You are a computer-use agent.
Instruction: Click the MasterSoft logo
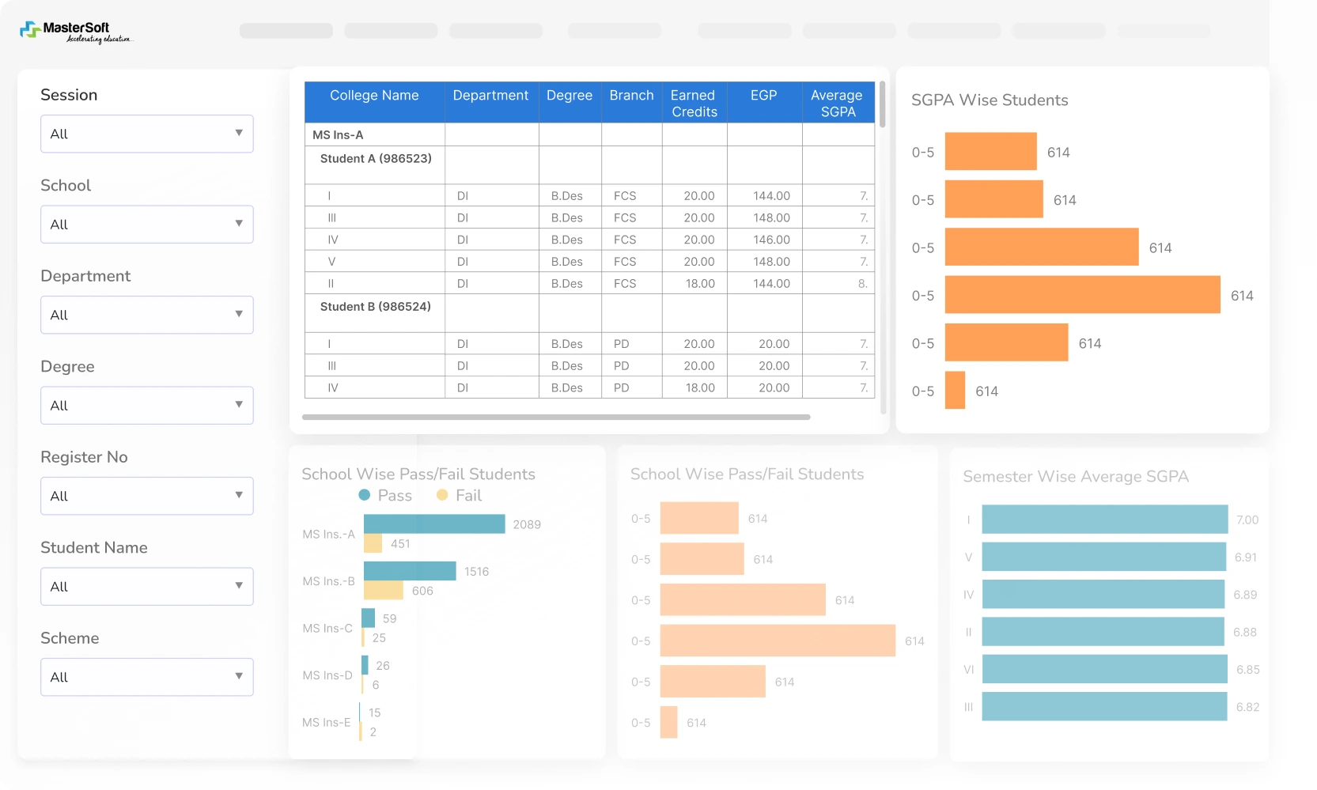click(x=76, y=32)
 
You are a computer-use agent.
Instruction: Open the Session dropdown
click(x=147, y=134)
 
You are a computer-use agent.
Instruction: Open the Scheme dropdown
click(x=147, y=677)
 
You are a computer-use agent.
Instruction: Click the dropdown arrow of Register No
click(x=238, y=495)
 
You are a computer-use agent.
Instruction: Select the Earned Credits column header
click(x=694, y=103)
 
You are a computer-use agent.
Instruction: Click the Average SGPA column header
click(x=837, y=103)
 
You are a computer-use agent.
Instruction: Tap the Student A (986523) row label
click(x=376, y=159)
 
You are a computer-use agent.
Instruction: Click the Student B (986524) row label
click(x=376, y=307)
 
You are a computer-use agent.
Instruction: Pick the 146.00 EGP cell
click(x=770, y=240)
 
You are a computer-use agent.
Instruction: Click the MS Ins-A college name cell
click(x=339, y=135)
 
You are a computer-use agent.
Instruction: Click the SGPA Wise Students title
click(x=989, y=100)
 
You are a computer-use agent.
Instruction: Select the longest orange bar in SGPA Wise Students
click(x=1082, y=295)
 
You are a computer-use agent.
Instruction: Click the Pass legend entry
click(x=386, y=496)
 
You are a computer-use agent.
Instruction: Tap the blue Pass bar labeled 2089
click(x=434, y=524)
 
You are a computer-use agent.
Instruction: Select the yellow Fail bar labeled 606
click(x=384, y=591)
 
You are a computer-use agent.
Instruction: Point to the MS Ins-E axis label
click(x=326, y=723)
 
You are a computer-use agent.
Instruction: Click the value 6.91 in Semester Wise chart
click(x=1245, y=558)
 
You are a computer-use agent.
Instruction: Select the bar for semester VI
click(x=1104, y=670)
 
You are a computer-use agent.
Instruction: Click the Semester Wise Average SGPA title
click(x=1076, y=477)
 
